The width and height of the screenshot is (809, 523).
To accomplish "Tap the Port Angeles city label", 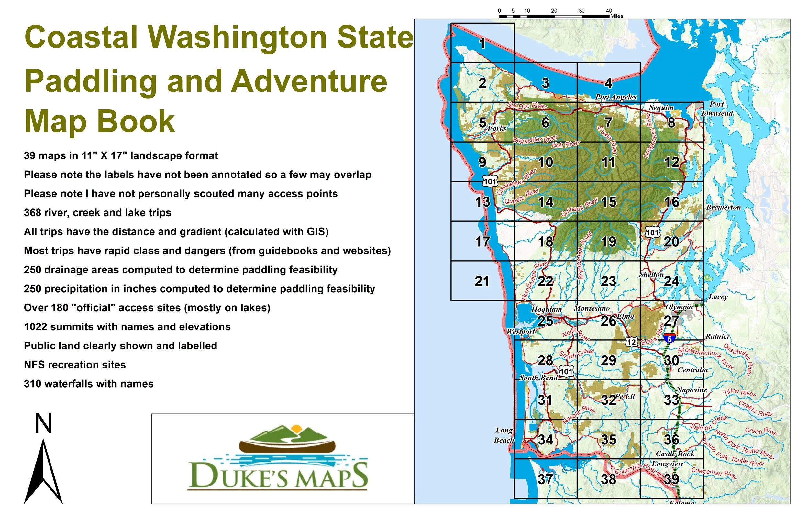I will click(616, 97).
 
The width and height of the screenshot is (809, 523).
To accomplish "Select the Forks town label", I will click(497, 128).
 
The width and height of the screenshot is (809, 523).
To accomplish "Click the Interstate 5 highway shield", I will click(669, 338).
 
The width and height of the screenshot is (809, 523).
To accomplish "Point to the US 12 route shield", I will click(631, 342).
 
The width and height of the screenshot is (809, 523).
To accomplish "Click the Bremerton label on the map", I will click(723, 208).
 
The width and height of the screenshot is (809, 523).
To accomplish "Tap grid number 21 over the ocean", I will click(482, 281).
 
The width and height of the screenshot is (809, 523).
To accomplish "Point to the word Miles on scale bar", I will click(616, 16).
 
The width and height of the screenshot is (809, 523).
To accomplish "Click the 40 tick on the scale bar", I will click(609, 11).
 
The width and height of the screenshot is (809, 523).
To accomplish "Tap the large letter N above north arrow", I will click(43, 424).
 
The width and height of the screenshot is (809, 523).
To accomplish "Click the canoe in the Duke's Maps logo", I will click(287, 446).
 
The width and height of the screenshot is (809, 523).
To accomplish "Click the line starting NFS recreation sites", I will click(75, 365).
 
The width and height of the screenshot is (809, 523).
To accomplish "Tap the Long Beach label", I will click(504, 435).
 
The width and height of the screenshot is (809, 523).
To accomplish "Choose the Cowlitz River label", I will click(756, 409).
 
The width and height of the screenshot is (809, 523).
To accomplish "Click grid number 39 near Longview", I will click(672, 479).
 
